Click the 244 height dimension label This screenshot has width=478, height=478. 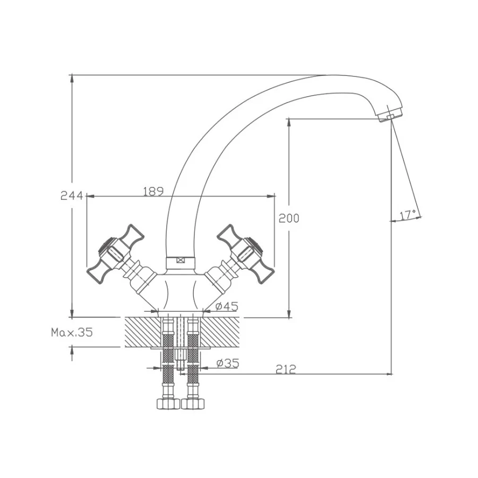tap(72, 195)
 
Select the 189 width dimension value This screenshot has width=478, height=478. tap(153, 191)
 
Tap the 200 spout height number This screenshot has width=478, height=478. tap(289, 218)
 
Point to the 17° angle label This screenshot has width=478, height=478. tap(408, 215)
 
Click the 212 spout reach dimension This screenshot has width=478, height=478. tap(286, 369)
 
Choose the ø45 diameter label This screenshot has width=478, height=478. tap(227, 306)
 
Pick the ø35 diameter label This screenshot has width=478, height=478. tap(228, 363)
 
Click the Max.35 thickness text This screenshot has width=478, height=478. tap(72, 332)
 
